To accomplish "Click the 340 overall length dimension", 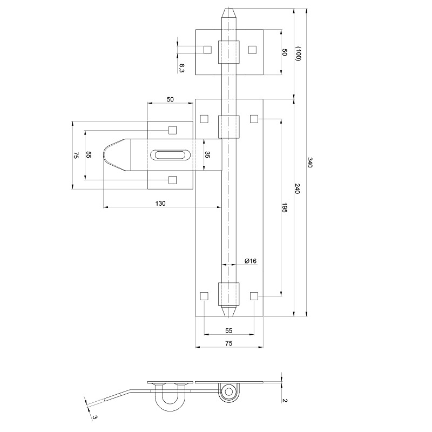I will (x=310, y=163).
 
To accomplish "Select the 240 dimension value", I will (x=297, y=188).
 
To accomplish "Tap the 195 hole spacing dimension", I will (x=285, y=208).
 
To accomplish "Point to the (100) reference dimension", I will (x=298, y=54).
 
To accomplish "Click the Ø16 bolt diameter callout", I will (x=250, y=261).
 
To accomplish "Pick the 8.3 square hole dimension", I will (x=181, y=68).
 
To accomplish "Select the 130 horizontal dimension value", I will (x=160, y=203).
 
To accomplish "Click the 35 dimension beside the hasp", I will (x=207, y=155).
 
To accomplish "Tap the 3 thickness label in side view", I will (x=94, y=416).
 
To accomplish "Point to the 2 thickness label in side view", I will (x=284, y=400).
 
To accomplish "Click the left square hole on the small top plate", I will (x=207, y=50).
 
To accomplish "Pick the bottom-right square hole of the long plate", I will (x=253, y=295).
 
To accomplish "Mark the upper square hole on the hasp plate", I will (x=172, y=130).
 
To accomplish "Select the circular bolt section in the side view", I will (x=229, y=391).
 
